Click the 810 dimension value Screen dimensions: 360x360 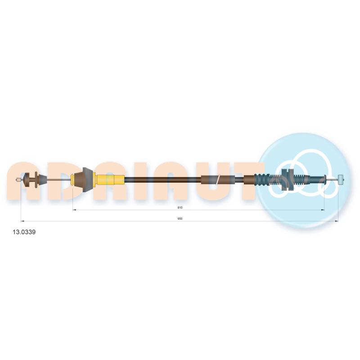coord(180,207)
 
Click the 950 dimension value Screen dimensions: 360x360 coord(180,219)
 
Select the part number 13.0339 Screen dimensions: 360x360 coord(24,232)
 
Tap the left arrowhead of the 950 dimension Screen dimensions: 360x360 coord(22,221)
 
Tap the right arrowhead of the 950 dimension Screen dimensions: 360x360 coord(337,221)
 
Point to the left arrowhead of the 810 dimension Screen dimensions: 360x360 coord(74,210)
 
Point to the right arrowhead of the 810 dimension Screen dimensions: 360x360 coord(323,210)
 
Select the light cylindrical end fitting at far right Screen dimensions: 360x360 coord(341,180)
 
